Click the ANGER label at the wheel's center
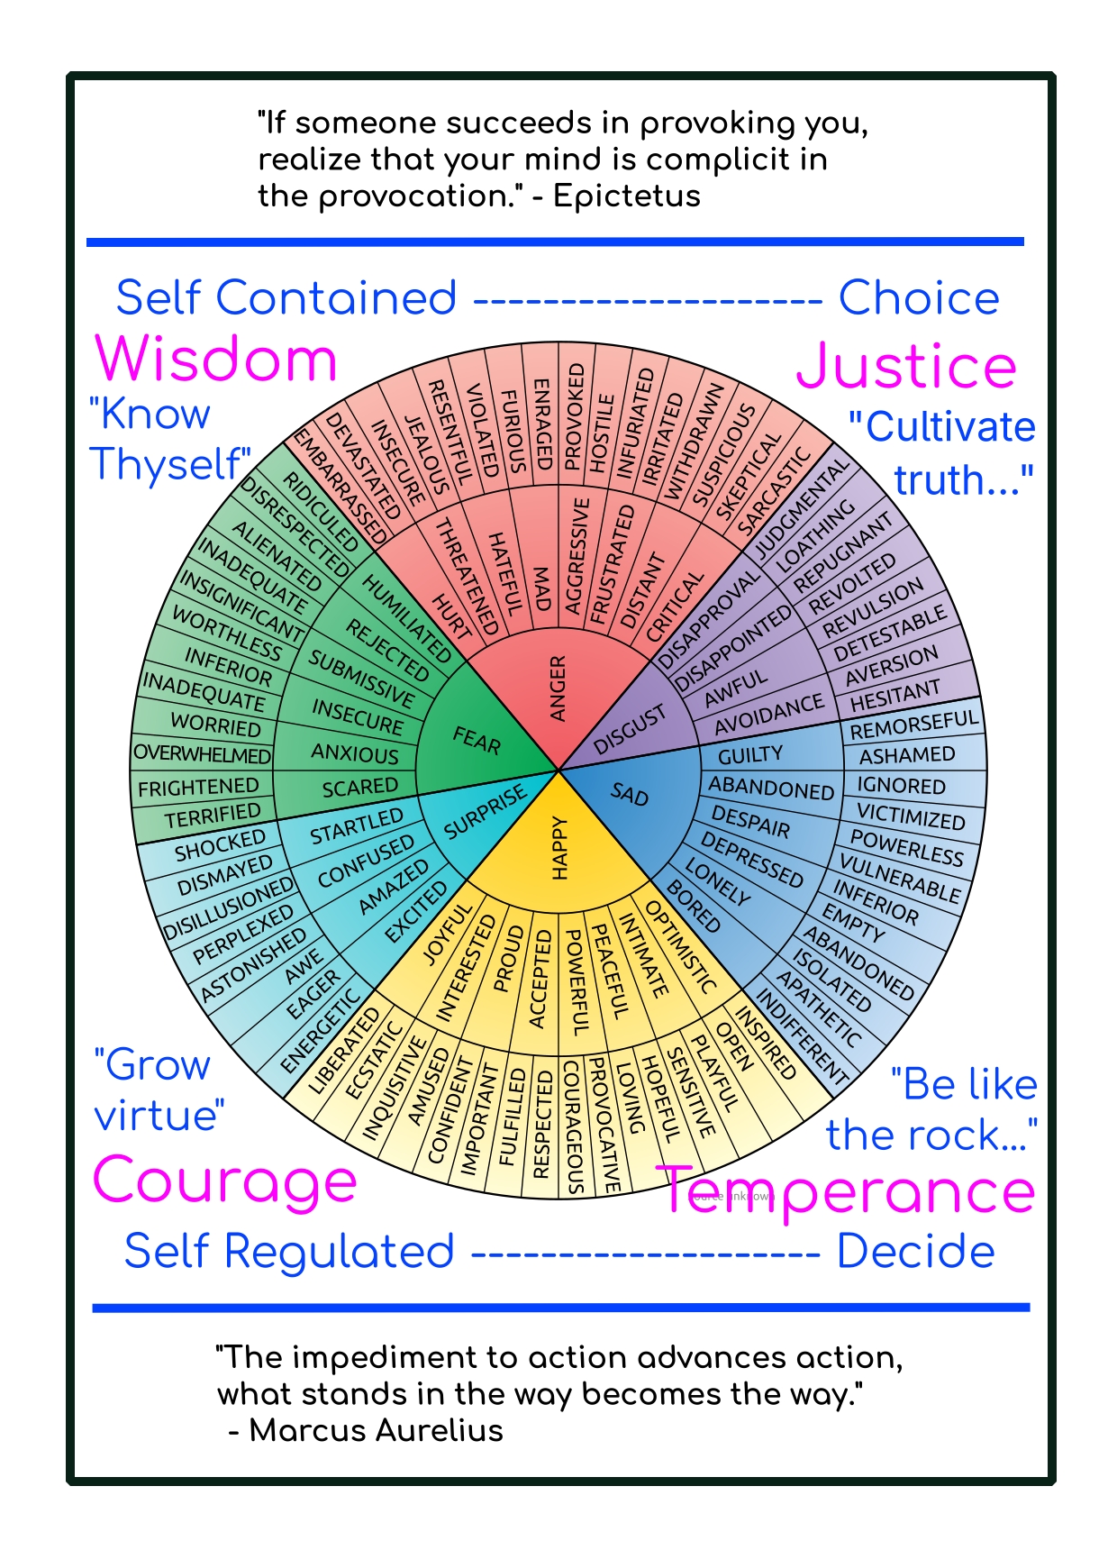coord(558,688)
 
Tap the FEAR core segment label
coord(477,741)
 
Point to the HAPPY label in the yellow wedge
coord(558,847)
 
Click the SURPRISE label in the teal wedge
coord(486,810)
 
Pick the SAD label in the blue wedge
coord(630,794)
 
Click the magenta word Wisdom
coord(216,360)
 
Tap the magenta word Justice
coord(906,367)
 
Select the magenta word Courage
coord(225,1181)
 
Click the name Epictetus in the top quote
coord(627,196)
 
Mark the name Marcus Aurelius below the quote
coord(376,1430)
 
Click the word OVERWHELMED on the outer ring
coord(202,754)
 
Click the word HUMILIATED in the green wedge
coord(406,617)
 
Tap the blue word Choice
coord(919,298)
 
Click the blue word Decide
coord(915,1252)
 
